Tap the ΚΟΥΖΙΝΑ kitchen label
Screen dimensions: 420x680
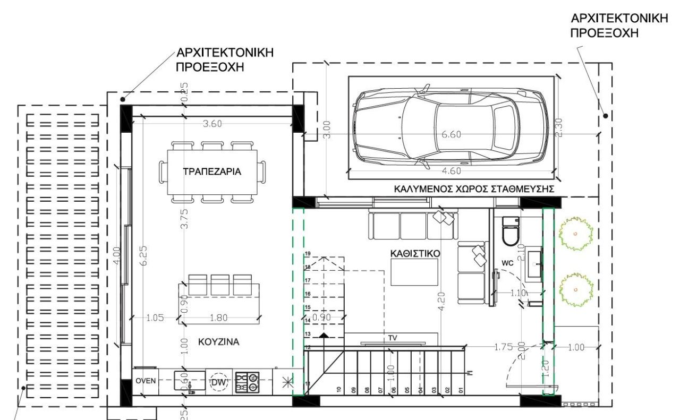coord(219,342)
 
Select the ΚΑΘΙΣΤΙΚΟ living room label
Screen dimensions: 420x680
coord(415,254)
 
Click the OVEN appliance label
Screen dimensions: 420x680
coord(145,381)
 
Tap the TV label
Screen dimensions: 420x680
coord(393,337)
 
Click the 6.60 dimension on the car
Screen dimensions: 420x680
coord(452,134)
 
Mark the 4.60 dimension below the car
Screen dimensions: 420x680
coord(452,171)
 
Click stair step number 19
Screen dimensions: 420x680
coord(308,253)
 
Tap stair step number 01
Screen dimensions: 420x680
coord(462,390)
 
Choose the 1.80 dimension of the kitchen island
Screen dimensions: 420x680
coord(219,318)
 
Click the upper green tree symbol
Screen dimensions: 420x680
coord(575,234)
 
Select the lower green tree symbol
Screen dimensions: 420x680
coord(575,289)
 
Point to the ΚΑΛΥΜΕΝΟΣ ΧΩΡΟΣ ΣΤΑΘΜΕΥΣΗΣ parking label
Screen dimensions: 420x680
coord(474,188)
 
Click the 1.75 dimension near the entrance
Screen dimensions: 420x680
coord(503,347)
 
